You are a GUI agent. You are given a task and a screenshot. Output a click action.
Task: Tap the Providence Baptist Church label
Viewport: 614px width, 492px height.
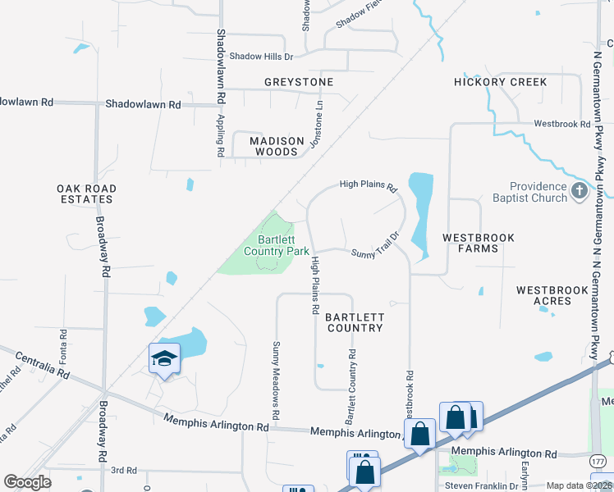click(538, 192)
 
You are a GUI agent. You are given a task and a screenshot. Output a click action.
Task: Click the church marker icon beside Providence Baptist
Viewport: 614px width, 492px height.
click(580, 192)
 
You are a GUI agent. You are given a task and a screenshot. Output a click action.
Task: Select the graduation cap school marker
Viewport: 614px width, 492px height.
click(164, 358)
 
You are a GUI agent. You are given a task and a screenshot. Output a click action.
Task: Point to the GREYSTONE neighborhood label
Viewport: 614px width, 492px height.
click(299, 83)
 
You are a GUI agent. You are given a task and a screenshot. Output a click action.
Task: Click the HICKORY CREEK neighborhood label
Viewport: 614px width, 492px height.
click(501, 83)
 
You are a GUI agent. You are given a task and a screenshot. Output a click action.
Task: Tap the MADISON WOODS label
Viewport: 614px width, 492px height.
click(273, 146)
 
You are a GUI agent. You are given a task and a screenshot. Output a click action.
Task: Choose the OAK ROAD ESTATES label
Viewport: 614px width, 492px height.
click(86, 194)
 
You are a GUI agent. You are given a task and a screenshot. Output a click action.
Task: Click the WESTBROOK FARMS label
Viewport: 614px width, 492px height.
click(479, 243)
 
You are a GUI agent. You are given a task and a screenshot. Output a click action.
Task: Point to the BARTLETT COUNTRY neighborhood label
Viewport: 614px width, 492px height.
click(354, 322)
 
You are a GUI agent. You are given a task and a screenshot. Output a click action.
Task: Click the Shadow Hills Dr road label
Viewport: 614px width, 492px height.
click(261, 57)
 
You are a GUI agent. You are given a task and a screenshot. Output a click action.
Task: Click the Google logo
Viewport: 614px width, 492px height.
click(28, 481)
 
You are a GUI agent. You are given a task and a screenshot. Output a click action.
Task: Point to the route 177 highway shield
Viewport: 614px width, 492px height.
click(598, 462)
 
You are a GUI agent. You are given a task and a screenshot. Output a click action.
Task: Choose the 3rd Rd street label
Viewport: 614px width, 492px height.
click(123, 470)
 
